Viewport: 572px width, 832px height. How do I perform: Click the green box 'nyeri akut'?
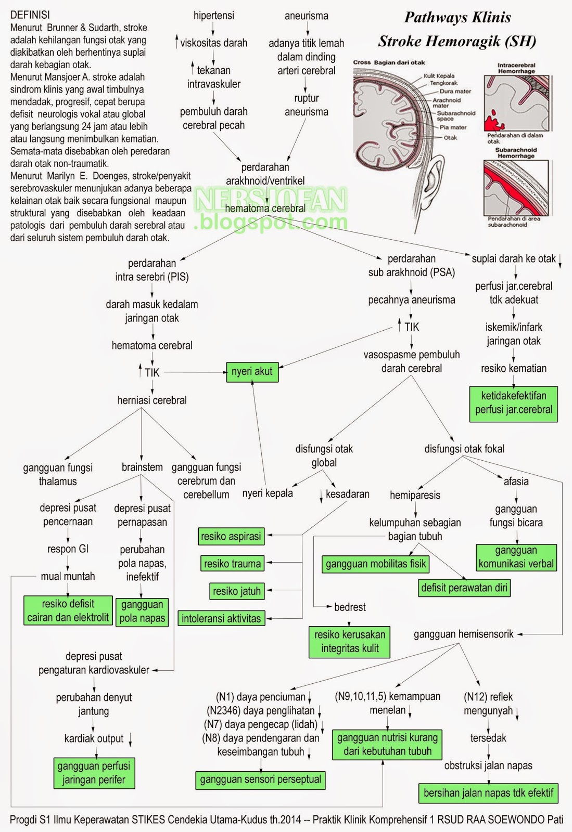(252, 372)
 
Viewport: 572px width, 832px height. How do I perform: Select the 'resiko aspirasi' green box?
(231, 537)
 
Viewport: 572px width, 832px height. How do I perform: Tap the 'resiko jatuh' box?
(237, 591)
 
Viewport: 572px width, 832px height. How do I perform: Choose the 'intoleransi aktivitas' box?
(221, 619)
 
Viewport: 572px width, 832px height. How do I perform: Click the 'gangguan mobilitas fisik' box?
(376, 564)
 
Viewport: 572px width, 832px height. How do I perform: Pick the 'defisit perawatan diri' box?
(464, 588)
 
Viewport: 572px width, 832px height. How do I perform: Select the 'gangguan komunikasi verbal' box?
(516, 557)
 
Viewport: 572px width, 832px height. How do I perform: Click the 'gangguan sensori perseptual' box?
(260, 779)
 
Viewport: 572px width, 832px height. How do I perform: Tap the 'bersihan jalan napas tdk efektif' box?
(488, 793)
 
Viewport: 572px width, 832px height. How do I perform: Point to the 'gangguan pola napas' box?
(142, 612)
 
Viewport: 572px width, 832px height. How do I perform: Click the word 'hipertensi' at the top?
(214, 16)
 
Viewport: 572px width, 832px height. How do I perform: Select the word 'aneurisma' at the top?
(307, 16)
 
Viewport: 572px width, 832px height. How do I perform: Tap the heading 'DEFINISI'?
(30, 15)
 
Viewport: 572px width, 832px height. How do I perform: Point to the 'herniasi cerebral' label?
(152, 400)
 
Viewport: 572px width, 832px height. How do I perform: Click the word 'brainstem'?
(142, 467)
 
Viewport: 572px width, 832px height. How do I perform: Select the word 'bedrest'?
(350, 607)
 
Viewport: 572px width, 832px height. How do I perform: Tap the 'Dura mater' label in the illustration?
(455, 91)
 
